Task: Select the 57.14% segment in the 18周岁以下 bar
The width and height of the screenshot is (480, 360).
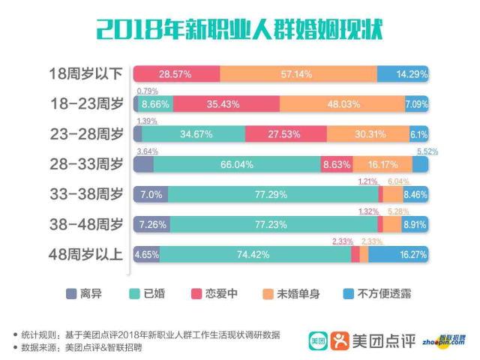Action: click(298, 74)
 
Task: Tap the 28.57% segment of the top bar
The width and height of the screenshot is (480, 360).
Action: click(176, 74)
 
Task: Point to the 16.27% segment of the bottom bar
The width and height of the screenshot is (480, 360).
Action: click(398, 255)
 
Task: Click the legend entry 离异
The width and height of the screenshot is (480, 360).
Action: click(83, 294)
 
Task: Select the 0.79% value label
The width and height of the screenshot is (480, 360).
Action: click(146, 91)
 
